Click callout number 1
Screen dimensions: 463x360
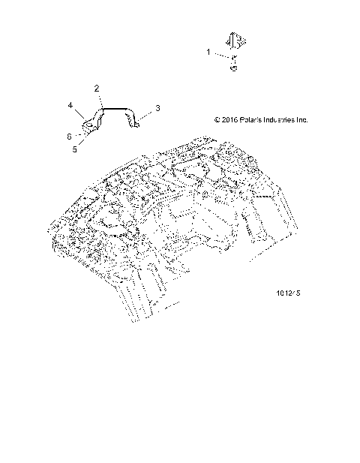(x=209, y=52)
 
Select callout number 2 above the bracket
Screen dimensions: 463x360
(x=97, y=89)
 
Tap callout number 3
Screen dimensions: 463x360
(x=157, y=109)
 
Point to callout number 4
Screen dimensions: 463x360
(x=71, y=106)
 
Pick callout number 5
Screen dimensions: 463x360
(x=74, y=149)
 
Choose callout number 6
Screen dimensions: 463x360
(x=70, y=136)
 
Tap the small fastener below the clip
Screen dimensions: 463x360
(x=233, y=67)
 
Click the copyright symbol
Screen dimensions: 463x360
(x=217, y=119)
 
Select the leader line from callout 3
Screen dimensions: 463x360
(x=146, y=112)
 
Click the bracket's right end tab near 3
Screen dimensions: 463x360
(x=135, y=121)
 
